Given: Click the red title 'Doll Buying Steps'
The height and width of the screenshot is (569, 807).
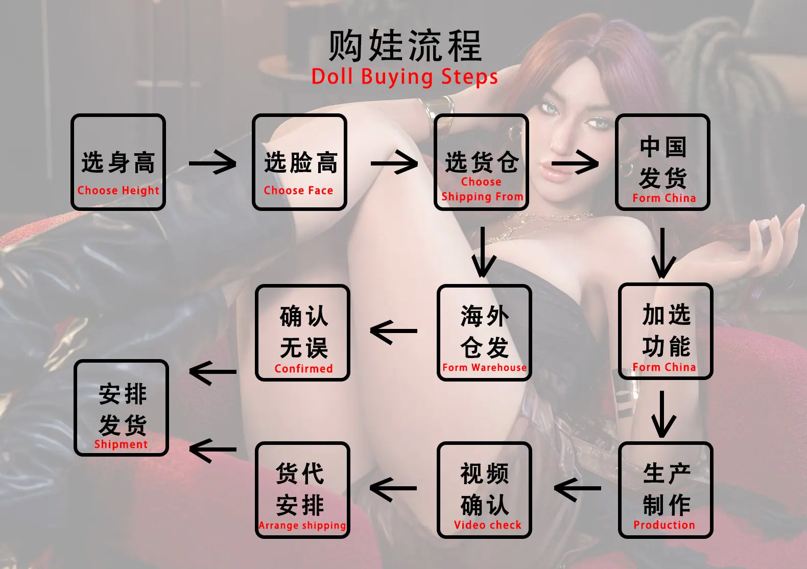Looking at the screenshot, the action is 405,77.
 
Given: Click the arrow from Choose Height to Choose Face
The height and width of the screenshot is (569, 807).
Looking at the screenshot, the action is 212,163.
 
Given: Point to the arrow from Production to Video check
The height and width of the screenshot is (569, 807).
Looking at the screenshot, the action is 578,489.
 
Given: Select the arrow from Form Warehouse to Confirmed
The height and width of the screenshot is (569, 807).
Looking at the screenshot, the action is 393,331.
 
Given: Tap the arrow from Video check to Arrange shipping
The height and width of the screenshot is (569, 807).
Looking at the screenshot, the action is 393,489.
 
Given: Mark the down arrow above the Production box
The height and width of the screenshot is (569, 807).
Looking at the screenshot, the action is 662,414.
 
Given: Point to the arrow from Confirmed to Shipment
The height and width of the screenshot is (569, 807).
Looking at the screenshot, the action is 212,372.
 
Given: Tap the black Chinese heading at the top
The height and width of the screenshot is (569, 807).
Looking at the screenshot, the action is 405,46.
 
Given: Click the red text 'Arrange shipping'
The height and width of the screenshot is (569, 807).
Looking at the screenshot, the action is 302,526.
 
